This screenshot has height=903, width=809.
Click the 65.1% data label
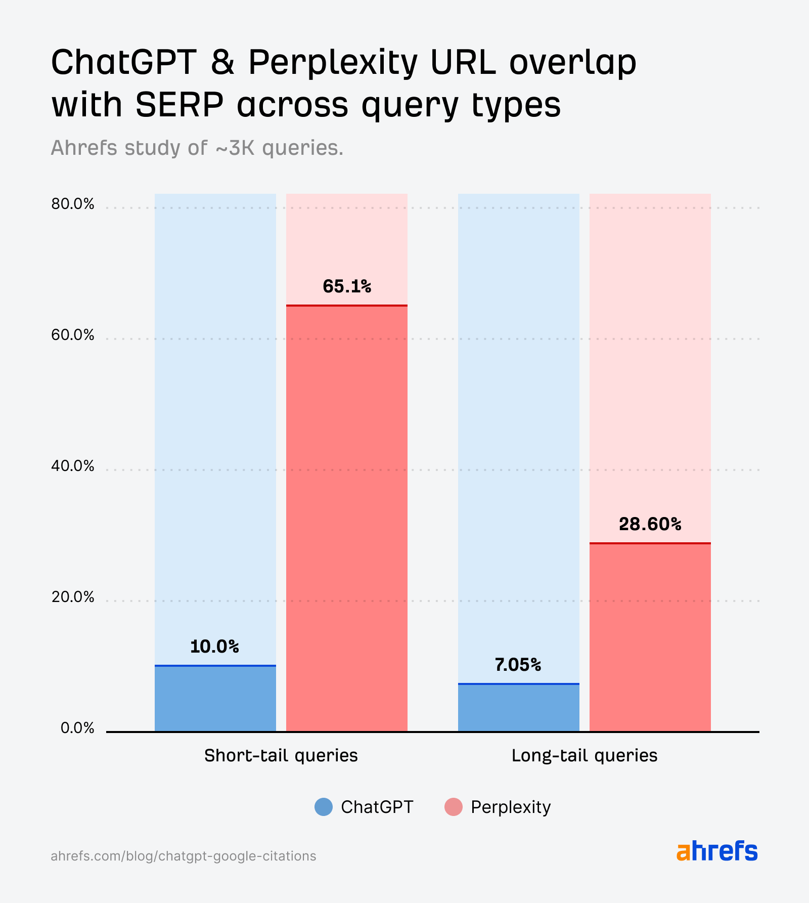[x=347, y=286]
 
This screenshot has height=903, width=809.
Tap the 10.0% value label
[x=214, y=646]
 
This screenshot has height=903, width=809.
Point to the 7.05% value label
[x=518, y=664]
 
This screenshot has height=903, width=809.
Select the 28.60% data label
[x=650, y=524]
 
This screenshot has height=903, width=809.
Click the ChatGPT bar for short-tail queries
[x=215, y=699]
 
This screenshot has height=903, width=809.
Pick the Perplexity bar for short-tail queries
[x=347, y=519]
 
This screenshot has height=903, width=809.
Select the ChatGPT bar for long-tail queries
[x=519, y=708]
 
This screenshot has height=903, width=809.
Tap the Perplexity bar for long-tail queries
[x=650, y=637]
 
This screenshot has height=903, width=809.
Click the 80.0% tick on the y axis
[x=73, y=204]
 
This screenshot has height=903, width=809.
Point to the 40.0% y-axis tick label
[x=73, y=466]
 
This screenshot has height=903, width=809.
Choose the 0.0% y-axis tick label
[x=77, y=728]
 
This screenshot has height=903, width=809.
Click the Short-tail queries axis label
[x=281, y=755]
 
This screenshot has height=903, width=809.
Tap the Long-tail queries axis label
[x=585, y=755]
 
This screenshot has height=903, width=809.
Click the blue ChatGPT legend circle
[x=324, y=807]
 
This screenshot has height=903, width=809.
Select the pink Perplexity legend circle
[x=454, y=807]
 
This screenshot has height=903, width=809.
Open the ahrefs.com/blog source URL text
[x=184, y=856]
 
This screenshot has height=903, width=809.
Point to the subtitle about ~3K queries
[x=197, y=148]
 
